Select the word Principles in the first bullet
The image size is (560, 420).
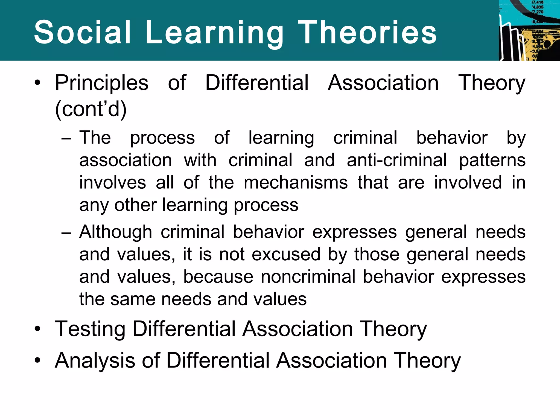102,83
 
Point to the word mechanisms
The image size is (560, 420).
296,182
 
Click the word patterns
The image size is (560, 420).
492,161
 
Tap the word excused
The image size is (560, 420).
286,254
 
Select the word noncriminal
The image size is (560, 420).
308,277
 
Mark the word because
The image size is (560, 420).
218,277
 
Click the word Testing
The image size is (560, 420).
90,329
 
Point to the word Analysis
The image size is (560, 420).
95,360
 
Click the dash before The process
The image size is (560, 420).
66,138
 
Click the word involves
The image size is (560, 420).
113,182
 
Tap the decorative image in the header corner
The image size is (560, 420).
529,30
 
